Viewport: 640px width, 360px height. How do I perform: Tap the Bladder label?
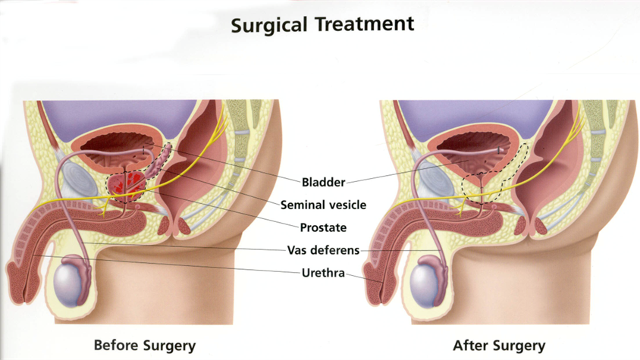coord(323,182)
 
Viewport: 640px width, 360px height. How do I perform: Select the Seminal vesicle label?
coord(323,205)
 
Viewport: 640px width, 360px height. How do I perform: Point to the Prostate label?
coord(323,227)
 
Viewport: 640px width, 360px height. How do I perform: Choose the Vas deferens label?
coord(323,250)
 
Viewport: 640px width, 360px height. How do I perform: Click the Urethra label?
coord(323,273)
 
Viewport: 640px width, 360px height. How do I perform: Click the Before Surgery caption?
coord(144,346)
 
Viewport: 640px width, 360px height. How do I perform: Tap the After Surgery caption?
coord(499,346)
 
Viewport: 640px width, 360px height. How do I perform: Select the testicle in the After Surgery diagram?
coord(428,281)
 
